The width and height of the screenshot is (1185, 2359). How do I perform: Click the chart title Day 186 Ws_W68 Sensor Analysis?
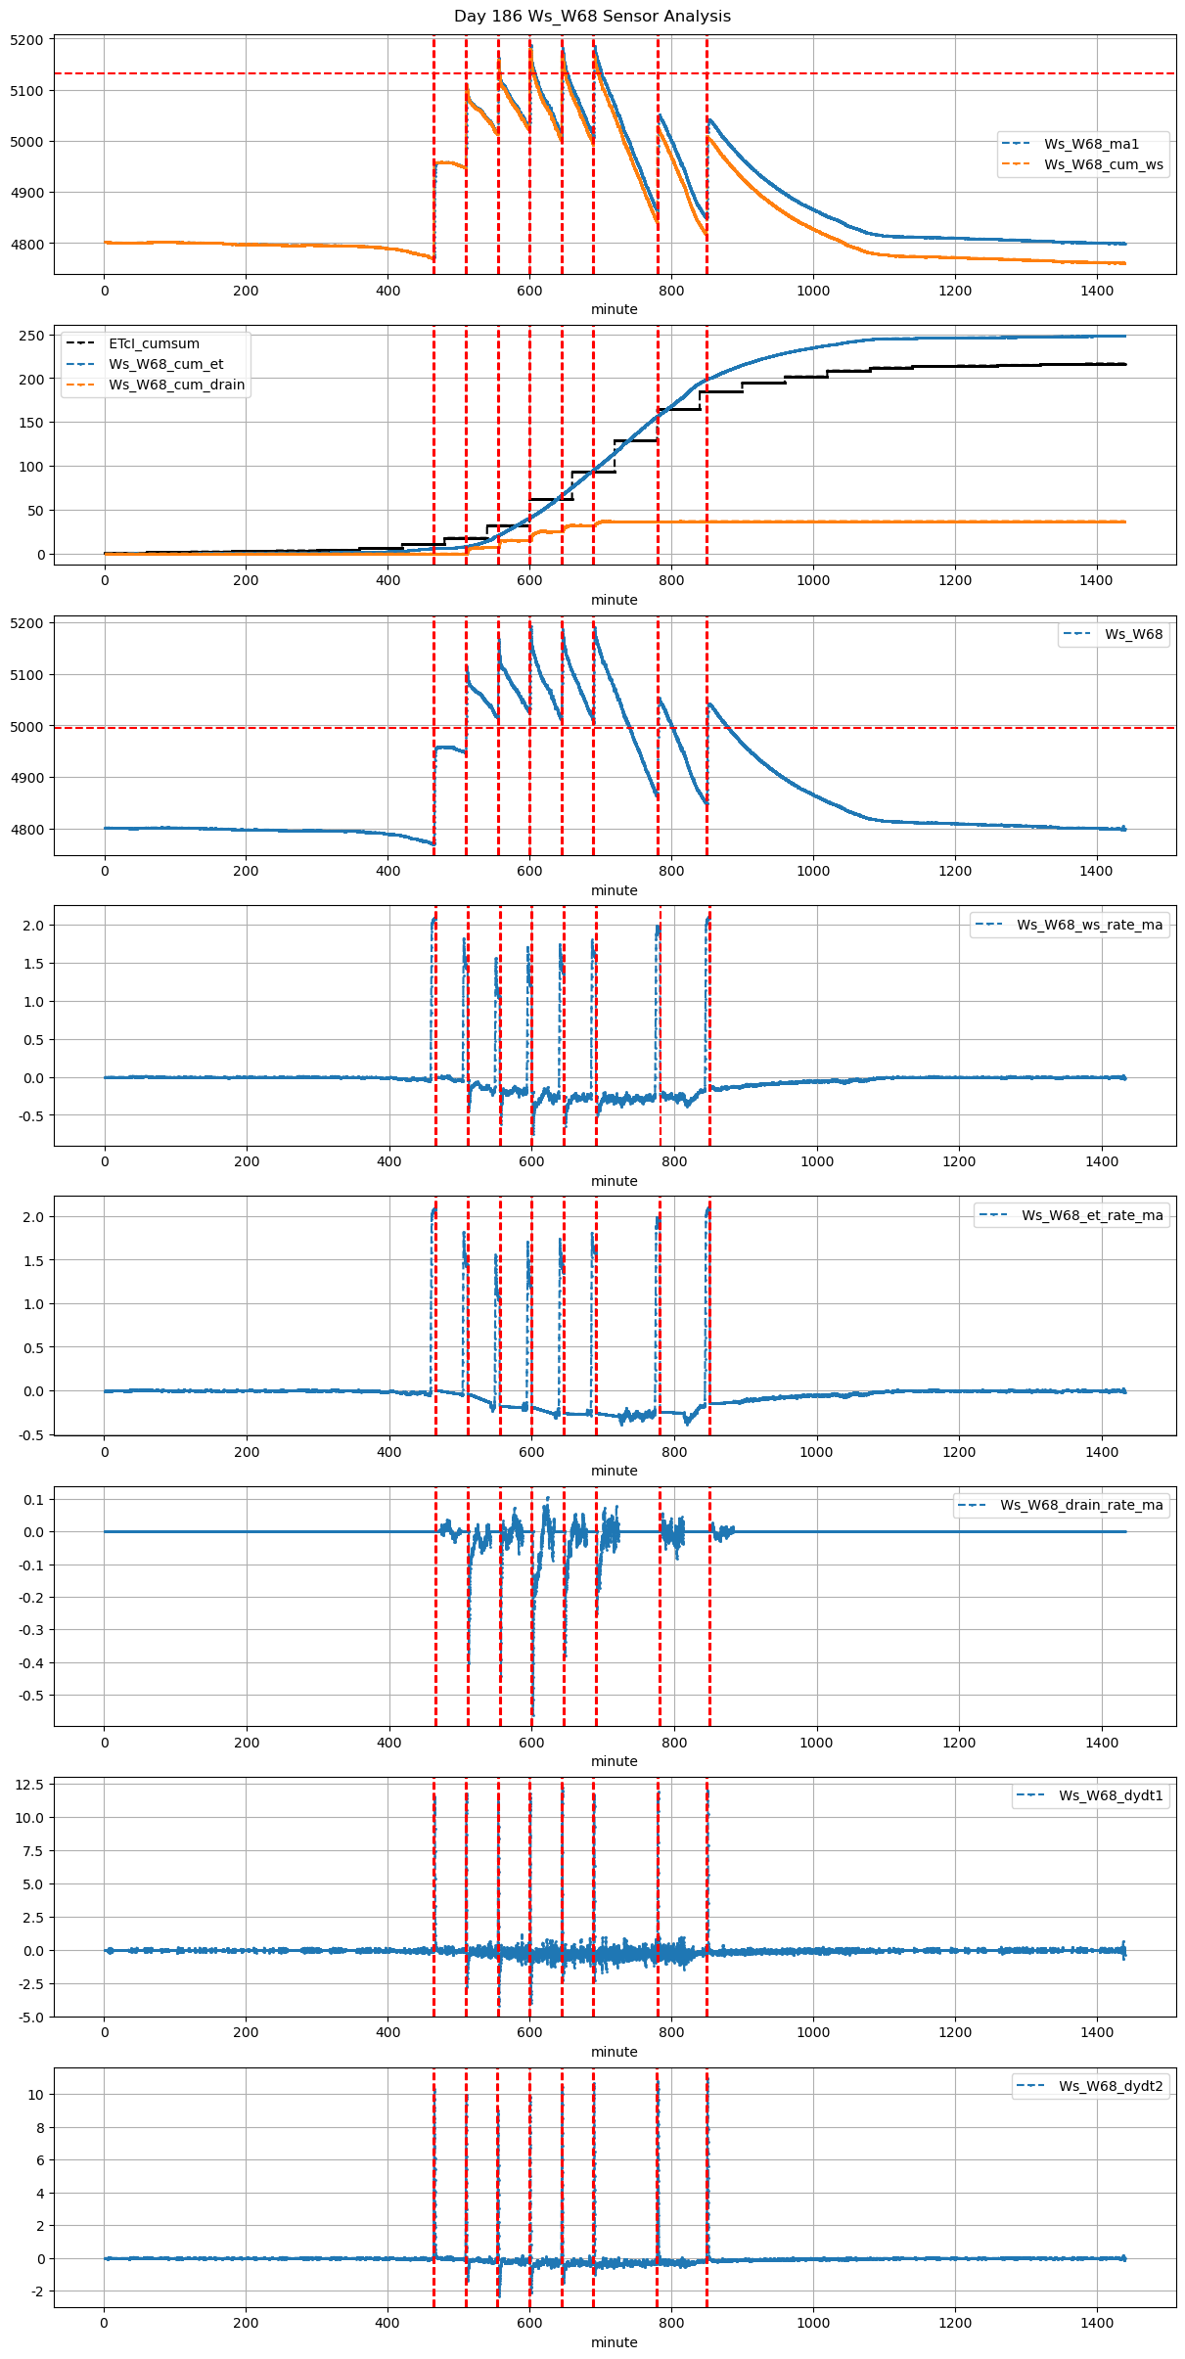pyautogui.click(x=592, y=17)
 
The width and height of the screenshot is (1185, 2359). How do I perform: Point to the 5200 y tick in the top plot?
pyautogui.click(x=27, y=40)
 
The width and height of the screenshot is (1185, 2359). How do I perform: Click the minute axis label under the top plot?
pyautogui.click(x=614, y=309)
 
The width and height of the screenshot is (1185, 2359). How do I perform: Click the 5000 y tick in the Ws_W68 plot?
pyautogui.click(x=27, y=727)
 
